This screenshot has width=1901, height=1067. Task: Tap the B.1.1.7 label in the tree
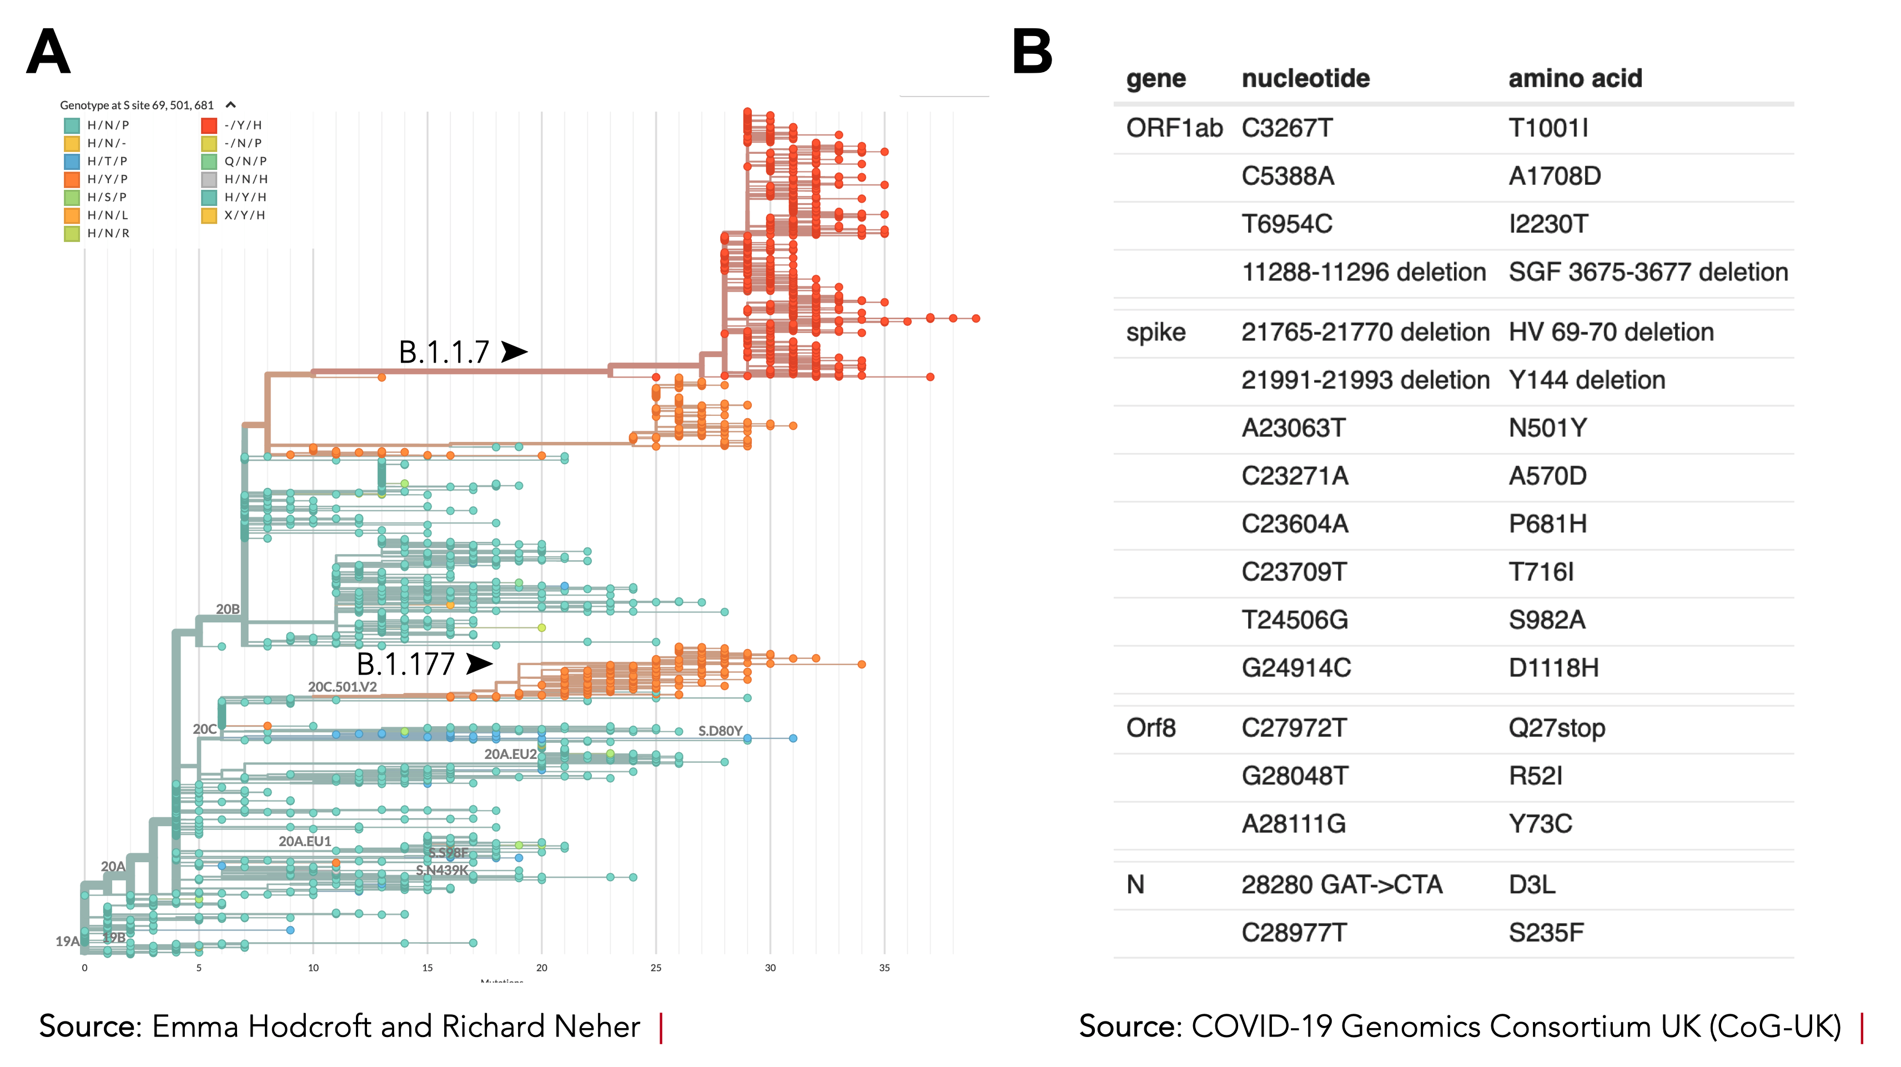coord(444,352)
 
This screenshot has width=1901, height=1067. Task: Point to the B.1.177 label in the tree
coord(405,664)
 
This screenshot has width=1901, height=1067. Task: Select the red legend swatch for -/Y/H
coord(209,125)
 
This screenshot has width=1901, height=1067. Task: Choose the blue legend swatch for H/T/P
coord(72,161)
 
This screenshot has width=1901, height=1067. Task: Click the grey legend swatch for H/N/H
coord(209,179)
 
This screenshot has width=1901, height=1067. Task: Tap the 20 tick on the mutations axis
coord(542,968)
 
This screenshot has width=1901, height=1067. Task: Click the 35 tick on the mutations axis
coord(884,968)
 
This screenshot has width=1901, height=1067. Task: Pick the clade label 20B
coord(227,609)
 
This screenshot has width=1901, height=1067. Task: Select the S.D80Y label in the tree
coord(720,731)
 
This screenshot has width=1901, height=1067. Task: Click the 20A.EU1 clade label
coord(305,841)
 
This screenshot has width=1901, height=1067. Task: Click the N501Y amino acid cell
coord(1547,428)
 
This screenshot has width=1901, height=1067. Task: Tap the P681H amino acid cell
coord(1547,524)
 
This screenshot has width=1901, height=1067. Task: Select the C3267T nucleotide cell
coord(1287,128)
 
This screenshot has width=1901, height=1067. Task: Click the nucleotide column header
coord(1305,78)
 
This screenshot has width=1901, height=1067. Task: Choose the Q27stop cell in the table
coord(1556,728)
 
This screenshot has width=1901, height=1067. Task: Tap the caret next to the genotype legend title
coord(230,105)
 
